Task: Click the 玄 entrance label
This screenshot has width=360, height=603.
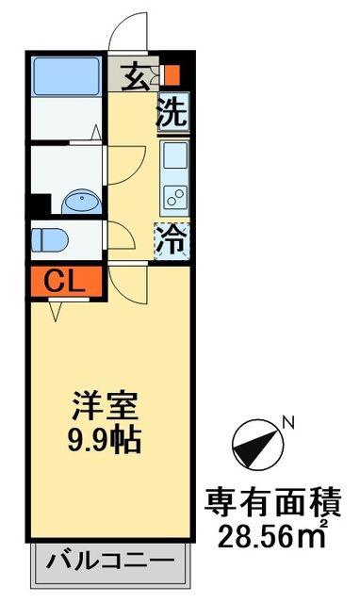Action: click(x=135, y=78)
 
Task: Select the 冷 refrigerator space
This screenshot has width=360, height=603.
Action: click(x=172, y=241)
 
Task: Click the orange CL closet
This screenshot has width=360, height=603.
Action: click(x=66, y=282)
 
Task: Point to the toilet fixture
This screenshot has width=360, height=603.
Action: click(x=49, y=240)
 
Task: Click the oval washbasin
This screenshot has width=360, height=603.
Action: click(x=82, y=202)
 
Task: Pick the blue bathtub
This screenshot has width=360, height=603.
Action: click(x=66, y=75)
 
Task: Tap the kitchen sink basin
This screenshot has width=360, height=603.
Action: click(x=175, y=155)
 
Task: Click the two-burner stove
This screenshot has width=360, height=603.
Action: click(x=175, y=197)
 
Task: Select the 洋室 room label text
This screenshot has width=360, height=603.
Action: click(x=105, y=406)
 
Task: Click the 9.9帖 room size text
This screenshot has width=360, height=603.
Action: click(x=105, y=440)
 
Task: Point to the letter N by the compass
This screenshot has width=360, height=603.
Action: click(x=288, y=423)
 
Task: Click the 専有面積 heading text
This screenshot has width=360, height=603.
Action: click(x=272, y=502)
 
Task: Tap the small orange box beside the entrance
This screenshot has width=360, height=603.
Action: click(x=172, y=74)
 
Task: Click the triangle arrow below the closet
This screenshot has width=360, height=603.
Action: click(x=57, y=310)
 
